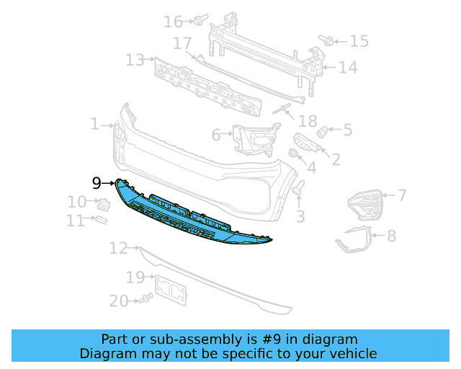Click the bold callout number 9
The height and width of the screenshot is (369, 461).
[x=97, y=183]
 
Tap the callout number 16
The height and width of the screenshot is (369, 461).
[x=174, y=22]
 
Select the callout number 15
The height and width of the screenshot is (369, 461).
[x=359, y=42]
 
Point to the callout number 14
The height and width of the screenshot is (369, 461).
[x=348, y=68]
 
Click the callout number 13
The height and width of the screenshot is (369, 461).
[x=135, y=60]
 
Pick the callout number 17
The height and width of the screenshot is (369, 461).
[x=182, y=43]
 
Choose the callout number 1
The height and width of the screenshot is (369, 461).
[x=95, y=125]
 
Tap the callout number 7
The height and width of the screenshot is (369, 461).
[x=402, y=195]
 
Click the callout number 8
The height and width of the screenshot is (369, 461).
[x=391, y=235]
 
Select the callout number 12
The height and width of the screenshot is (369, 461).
[x=118, y=249]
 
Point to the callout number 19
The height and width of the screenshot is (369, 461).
[x=135, y=277]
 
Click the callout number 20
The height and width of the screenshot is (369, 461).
[x=118, y=301]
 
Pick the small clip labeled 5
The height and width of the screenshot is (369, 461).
[x=323, y=132]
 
